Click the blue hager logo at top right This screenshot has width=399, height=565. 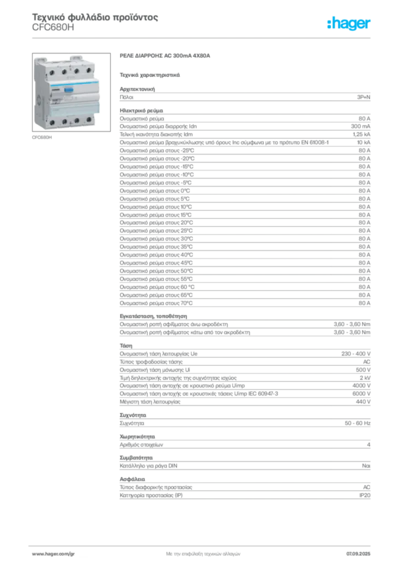(350, 24)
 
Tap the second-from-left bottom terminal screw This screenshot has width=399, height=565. (64, 121)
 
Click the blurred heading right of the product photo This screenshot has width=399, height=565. (164, 56)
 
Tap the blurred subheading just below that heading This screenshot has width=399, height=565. (150, 74)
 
